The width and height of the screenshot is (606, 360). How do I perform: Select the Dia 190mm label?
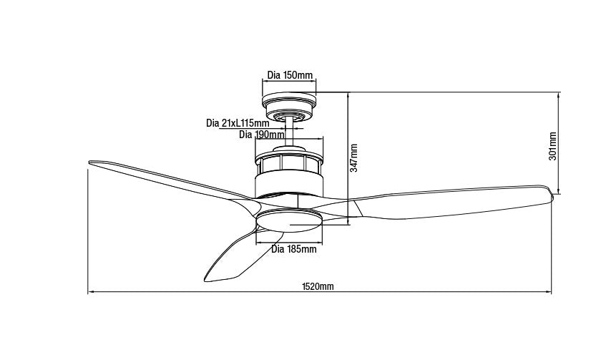pyautogui.click(x=261, y=134)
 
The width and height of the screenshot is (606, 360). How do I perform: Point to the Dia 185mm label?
pyautogui.click(x=294, y=250)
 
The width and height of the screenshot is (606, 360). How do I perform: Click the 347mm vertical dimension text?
pyautogui.click(x=354, y=157)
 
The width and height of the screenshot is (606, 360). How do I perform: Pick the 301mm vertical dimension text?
pyautogui.click(x=553, y=146)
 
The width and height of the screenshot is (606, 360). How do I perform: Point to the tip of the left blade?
pyautogui.click(x=88, y=162)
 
